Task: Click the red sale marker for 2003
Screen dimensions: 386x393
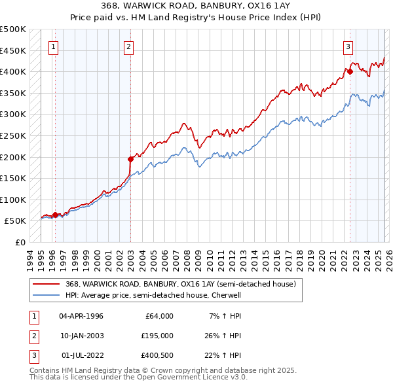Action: click(x=130, y=158)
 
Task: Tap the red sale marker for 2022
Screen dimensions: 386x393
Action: click(x=350, y=71)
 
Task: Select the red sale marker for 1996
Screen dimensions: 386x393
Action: click(x=55, y=215)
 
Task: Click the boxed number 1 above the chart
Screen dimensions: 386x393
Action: click(x=52, y=46)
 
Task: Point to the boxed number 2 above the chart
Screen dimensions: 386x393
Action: click(x=129, y=46)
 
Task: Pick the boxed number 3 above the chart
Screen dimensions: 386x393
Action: click(x=347, y=46)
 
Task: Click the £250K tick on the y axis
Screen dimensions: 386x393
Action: click(x=13, y=135)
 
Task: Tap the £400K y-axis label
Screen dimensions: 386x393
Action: click(x=13, y=71)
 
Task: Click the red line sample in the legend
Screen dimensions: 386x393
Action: click(x=47, y=285)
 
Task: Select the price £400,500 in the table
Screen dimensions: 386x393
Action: click(x=157, y=355)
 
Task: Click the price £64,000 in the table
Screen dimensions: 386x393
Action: click(x=157, y=316)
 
